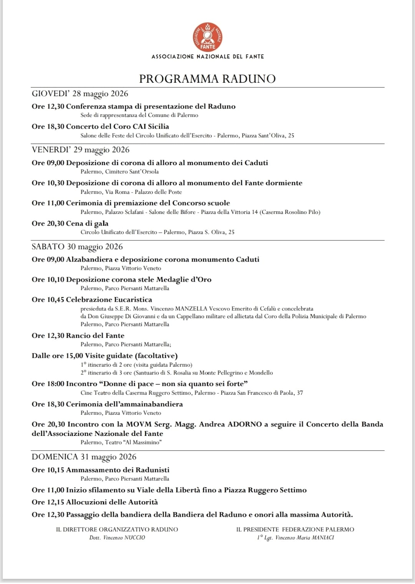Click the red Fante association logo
coord(207,37)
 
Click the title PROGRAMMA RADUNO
coord(207,79)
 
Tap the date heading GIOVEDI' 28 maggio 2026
coord(80,94)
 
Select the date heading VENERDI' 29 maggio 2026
coord(81,150)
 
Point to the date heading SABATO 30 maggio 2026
coord(77,247)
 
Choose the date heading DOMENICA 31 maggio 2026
coord(84,457)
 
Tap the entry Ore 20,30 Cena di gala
coord(70,224)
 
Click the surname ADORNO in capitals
coord(245,424)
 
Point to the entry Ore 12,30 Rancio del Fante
coord(78,336)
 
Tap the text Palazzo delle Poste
coord(158,192)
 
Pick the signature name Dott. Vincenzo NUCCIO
coord(117,538)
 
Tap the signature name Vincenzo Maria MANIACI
coord(305,538)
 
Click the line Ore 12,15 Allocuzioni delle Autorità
coord(95,502)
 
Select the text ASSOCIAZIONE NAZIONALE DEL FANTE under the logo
coord(207,57)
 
